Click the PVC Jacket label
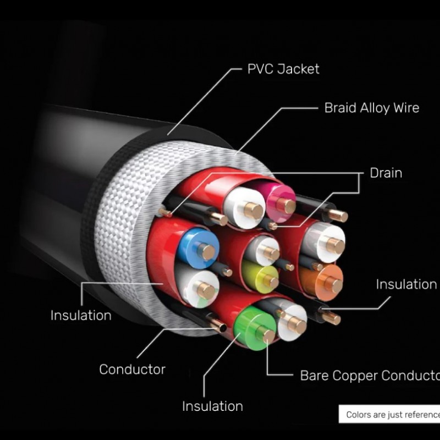(283, 69)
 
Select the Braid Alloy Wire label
(371, 108)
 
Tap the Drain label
(386, 173)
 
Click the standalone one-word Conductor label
(132, 369)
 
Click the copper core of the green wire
(268, 335)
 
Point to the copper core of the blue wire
(207, 251)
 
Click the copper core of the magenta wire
(286, 206)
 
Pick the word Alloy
(373, 108)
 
